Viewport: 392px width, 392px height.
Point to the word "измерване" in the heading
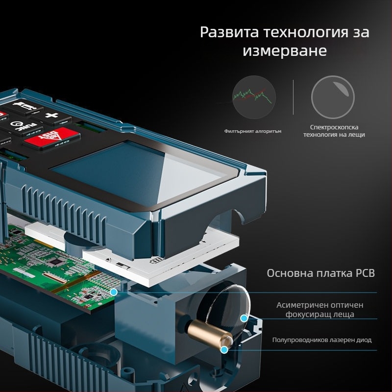click(285, 51)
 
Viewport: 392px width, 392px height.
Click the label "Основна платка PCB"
click(320, 273)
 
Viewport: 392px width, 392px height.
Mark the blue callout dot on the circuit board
click(114, 292)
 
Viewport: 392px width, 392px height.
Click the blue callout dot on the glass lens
click(244, 318)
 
